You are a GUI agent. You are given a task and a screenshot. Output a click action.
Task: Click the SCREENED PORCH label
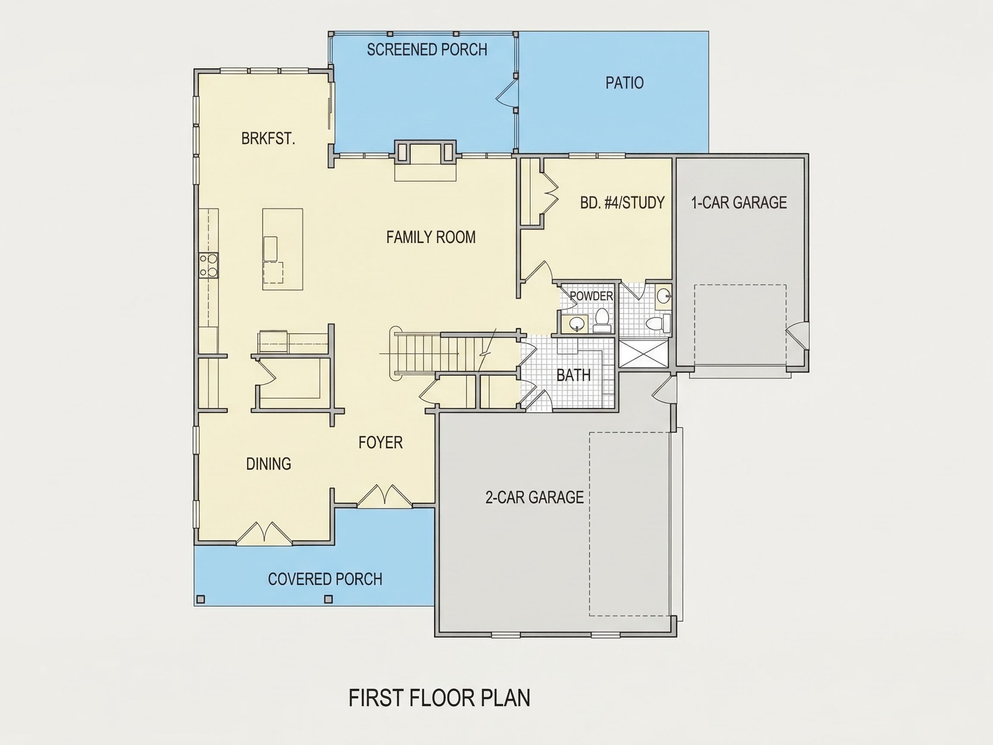[427, 50]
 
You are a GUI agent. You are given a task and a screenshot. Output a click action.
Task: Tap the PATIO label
[625, 83]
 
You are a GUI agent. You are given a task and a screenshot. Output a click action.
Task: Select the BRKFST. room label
[268, 138]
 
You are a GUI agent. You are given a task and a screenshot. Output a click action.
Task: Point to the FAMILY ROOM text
[431, 237]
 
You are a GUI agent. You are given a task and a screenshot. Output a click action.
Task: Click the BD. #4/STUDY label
[622, 203]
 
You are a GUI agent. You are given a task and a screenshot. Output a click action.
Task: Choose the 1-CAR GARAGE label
[739, 203]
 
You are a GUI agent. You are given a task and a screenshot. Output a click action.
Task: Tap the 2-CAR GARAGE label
[535, 497]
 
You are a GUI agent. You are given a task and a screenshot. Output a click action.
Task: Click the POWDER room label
[591, 296]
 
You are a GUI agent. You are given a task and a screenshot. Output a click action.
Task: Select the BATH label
[573, 375]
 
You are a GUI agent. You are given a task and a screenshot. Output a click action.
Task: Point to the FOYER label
[380, 443]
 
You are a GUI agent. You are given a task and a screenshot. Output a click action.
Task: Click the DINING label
[269, 463]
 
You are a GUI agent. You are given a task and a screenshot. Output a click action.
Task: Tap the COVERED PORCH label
[325, 579]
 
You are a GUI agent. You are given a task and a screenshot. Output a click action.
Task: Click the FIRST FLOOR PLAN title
[440, 698]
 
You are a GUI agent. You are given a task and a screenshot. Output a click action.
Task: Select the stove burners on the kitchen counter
[209, 266]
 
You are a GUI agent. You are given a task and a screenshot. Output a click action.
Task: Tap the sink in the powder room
[575, 323]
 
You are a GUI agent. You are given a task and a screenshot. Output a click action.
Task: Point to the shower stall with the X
[643, 354]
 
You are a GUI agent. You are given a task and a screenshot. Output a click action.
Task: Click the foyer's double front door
[385, 496]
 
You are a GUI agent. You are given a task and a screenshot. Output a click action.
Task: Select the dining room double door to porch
[264, 533]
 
